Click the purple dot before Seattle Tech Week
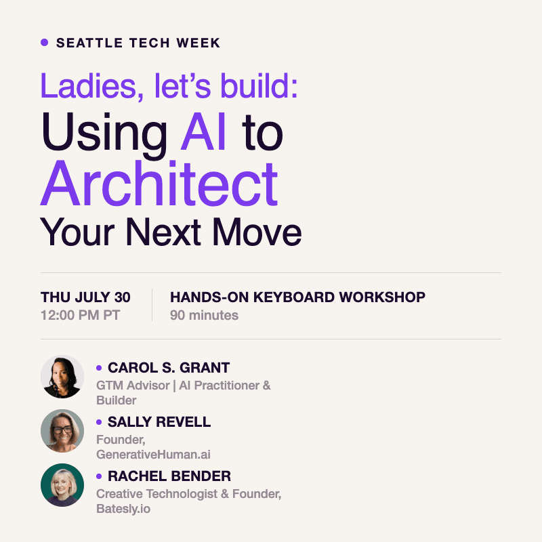pyautogui.click(x=44, y=43)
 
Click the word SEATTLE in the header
pyautogui.click(x=89, y=43)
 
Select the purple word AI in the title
pyautogui.click(x=203, y=131)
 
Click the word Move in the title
pyautogui.click(x=257, y=232)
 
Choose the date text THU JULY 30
pyautogui.click(x=85, y=297)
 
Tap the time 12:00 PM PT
pyautogui.click(x=80, y=315)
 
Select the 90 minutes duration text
pyautogui.click(x=204, y=315)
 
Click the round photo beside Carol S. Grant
pyautogui.click(x=62, y=377)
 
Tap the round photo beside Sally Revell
pyautogui.click(x=62, y=431)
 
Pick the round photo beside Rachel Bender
pyautogui.click(x=62, y=485)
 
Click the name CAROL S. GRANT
pyautogui.click(x=169, y=368)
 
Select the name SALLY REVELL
pyautogui.click(x=159, y=422)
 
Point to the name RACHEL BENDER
pyautogui.click(x=169, y=476)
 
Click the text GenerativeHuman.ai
pyautogui.click(x=153, y=455)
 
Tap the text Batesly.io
pyautogui.click(x=123, y=509)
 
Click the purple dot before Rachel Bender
pyautogui.click(x=99, y=476)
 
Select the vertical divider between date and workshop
pyautogui.click(x=152, y=305)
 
